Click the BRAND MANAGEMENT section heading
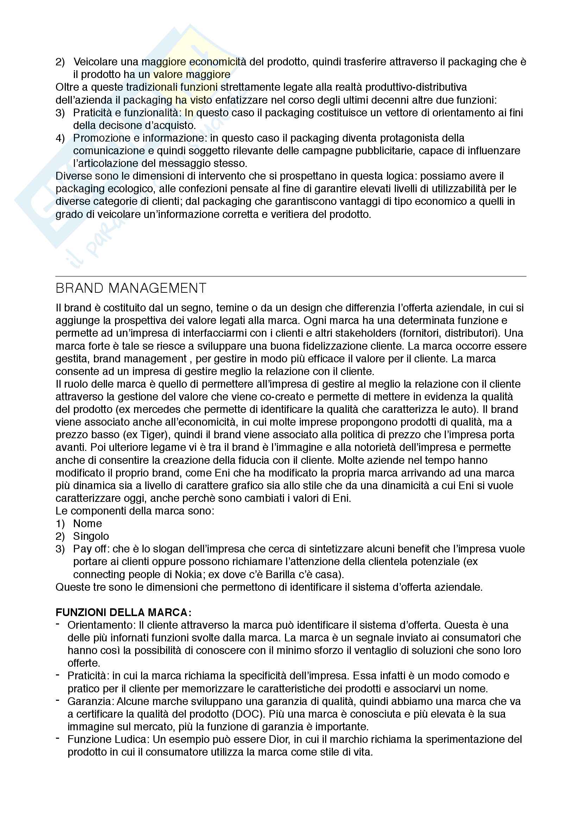(131, 288)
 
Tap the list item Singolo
(91, 536)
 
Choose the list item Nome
(88, 523)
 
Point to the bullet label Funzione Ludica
(109, 739)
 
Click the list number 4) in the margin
(60, 138)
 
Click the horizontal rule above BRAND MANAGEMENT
(291, 276)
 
